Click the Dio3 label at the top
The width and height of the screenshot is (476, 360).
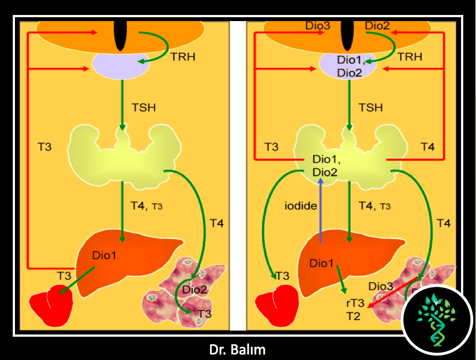(317, 26)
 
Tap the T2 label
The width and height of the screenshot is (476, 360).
(353, 317)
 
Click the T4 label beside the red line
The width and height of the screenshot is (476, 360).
(427, 147)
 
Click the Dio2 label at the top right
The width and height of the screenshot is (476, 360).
(377, 26)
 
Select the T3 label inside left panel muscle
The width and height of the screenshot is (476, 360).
(204, 314)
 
